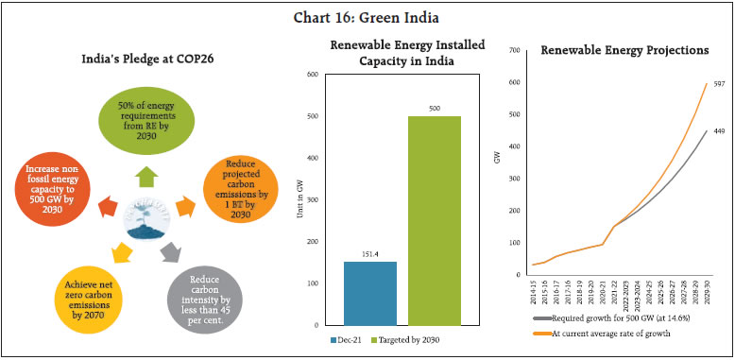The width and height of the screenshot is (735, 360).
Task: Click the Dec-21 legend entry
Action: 347,338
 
